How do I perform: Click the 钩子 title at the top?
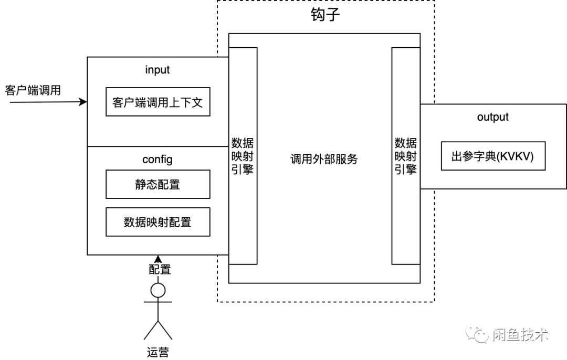coord(325,15)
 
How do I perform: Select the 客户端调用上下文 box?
coord(157,102)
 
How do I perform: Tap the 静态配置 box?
coord(157,184)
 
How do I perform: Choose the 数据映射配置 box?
coord(157,222)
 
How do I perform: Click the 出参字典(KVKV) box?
coord(492,156)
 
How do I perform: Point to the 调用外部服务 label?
coord(324,159)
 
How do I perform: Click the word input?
coord(157,70)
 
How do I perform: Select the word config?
coord(157,158)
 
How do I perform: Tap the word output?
coord(492,117)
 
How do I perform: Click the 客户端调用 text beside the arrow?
coord(33,90)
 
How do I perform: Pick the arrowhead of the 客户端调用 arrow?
coord(83,102)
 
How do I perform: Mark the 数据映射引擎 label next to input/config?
coord(243,156)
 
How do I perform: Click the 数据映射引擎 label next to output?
coord(406,156)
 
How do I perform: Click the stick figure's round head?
coord(158,290)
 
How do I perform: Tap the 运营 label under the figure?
coord(158,352)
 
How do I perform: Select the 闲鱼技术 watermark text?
coord(520,334)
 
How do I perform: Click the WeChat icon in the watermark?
coord(478,334)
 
